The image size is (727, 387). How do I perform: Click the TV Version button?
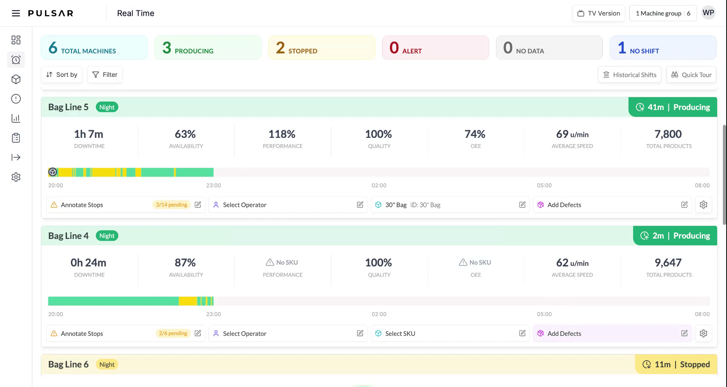[599, 13]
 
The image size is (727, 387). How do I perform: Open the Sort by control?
[62, 75]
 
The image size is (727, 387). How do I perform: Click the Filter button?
[105, 75]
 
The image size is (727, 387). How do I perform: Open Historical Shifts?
[629, 75]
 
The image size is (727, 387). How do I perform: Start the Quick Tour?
[691, 75]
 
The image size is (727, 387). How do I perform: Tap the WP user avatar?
[708, 13]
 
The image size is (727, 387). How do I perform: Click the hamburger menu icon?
[16, 14]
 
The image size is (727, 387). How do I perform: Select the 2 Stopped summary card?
[321, 48]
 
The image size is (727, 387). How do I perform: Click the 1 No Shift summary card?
[663, 48]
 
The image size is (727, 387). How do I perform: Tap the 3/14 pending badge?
[172, 205]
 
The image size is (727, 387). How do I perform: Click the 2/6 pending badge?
[173, 334]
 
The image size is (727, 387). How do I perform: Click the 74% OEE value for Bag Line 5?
[475, 134]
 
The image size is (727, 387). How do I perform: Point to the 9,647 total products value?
[668, 263]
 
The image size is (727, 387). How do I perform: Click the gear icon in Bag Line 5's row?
[703, 205]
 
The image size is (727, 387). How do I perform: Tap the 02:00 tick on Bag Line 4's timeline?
[379, 314]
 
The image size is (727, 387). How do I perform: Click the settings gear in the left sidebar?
[16, 177]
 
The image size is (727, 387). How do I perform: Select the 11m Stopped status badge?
[676, 364]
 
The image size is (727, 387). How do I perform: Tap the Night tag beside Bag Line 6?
[107, 365]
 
